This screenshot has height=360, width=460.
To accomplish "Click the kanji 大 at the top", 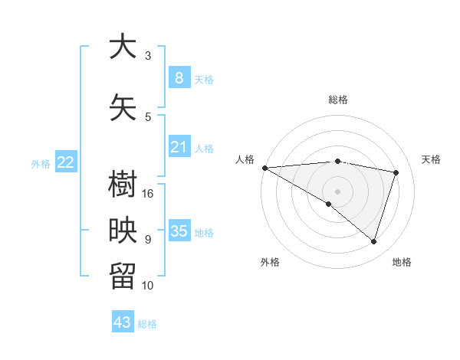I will click(x=122, y=47).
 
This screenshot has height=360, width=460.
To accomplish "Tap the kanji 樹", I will click(x=122, y=185).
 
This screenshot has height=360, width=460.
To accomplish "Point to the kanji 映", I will click(x=122, y=231).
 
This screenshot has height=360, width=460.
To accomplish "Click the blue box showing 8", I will click(x=179, y=77).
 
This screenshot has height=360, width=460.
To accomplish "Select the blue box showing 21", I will click(x=179, y=147).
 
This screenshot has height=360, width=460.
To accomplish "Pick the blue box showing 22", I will click(x=66, y=162).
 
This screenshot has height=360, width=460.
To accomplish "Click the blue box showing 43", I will click(x=123, y=322).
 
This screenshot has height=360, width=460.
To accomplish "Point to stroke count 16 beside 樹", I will click(x=149, y=194).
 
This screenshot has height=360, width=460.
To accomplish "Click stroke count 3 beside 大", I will click(x=148, y=56).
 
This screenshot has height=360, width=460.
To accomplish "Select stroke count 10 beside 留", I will click(x=149, y=286).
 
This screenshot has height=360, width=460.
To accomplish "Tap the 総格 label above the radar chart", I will click(x=338, y=100).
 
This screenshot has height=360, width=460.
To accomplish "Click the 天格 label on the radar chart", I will click(x=431, y=159).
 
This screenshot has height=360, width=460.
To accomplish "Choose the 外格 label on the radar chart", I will click(x=270, y=263).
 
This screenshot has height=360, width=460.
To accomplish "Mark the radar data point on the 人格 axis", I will click(x=264, y=168).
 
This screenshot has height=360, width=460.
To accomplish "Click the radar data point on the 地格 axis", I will click(x=373, y=241).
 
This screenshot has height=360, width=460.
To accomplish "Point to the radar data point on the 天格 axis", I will click(x=396, y=172).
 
